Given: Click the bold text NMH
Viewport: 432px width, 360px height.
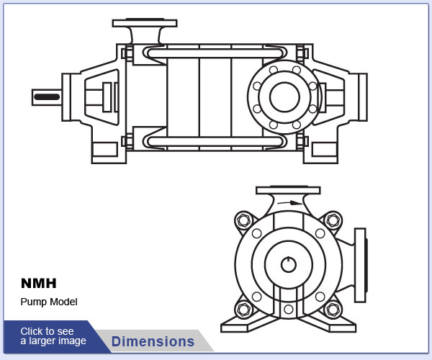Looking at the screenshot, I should (x=38, y=284).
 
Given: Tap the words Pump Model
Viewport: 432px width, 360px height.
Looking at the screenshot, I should (x=48, y=302).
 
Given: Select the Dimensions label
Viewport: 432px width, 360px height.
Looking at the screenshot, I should (x=153, y=341).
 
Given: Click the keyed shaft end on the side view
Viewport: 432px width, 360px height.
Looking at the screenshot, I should (x=47, y=96).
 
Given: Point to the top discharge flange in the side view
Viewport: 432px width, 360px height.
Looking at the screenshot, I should (x=144, y=24).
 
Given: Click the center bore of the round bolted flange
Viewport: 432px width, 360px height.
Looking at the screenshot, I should (x=284, y=97).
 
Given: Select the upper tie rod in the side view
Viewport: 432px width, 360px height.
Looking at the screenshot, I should (x=214, y=53).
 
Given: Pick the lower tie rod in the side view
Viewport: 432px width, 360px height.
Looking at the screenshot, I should (x=214, y=140).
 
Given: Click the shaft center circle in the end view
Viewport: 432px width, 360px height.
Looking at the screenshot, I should (x=288, y=264).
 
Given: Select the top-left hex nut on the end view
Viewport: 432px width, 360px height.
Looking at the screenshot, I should (x=243, y=220).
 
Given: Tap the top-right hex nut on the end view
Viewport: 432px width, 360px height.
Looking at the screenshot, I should (x=332, y=220).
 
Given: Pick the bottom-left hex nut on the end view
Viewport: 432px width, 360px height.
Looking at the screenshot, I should (x=243, y=310).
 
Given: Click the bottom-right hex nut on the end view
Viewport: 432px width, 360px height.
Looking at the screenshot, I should (x=332, y=310).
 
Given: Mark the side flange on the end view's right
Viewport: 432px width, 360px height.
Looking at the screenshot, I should (x=360, y=264).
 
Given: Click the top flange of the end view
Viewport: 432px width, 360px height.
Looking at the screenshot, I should (x=288, y=191).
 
